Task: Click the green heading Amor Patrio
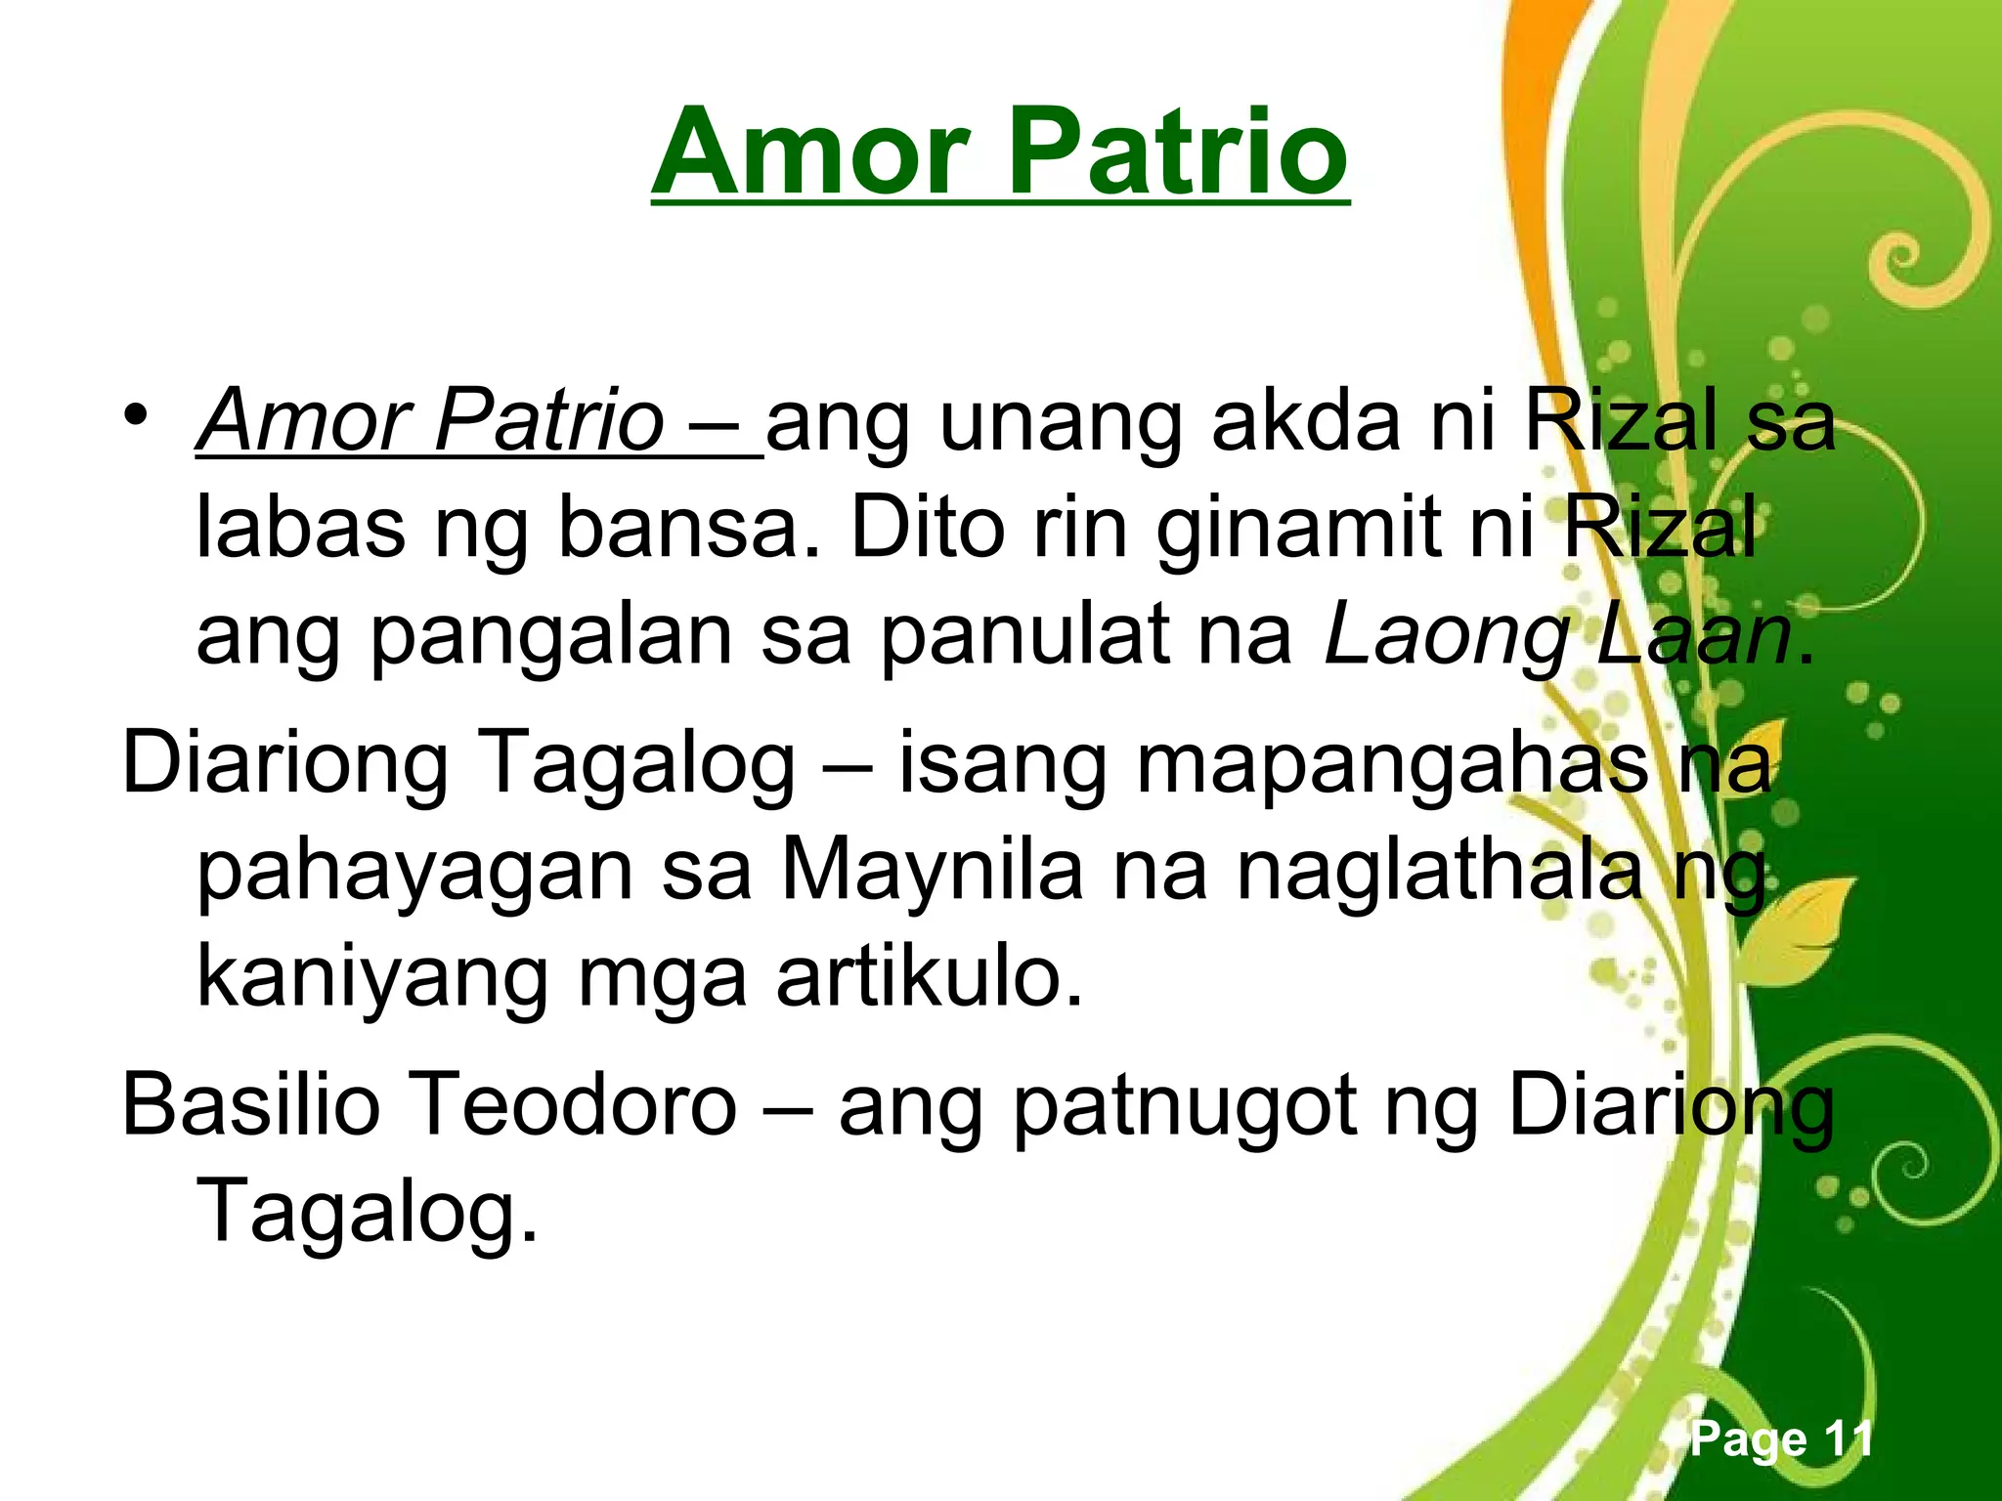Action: pyautogui.click(x=1000, y=154)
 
